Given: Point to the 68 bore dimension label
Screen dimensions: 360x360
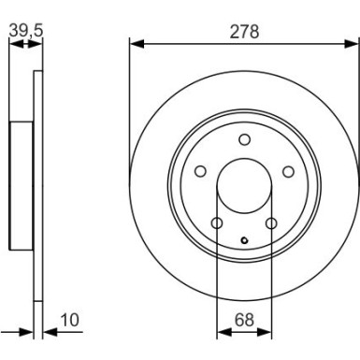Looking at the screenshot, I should coord(244,321).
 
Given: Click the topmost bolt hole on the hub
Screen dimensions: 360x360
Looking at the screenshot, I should coord(244,139).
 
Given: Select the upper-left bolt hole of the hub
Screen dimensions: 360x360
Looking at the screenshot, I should coord(200,171).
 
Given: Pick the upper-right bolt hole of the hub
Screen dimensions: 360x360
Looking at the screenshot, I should coord(288,171).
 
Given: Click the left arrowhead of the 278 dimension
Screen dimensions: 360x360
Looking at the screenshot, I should coord(134,43).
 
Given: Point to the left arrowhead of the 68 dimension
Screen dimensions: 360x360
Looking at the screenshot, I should coord(221,332).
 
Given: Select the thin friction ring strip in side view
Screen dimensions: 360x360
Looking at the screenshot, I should coord(36,187).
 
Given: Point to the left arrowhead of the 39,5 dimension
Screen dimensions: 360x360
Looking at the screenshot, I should coord(13,43).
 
